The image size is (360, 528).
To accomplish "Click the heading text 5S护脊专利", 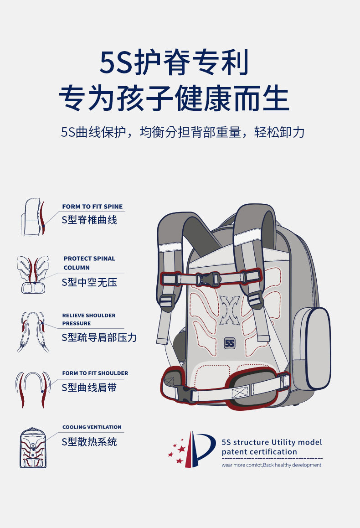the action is pos(175,63).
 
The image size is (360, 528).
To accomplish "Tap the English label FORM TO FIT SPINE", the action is pos(93,207).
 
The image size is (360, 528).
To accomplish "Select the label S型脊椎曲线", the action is pos(89,220).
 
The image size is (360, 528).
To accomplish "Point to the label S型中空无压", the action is pos(89,282).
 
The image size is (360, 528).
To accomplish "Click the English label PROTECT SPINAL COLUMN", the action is pos(89,263).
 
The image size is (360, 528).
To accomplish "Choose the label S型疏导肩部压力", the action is pos(99,337).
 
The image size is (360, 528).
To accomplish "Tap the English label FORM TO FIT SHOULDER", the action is pos(95,373).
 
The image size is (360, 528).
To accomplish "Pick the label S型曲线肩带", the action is pos(89,388).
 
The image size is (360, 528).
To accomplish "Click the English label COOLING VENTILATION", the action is pos(92,427).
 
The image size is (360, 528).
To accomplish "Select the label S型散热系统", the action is pos(89,442).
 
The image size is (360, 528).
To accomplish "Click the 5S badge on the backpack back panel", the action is pos(229,343).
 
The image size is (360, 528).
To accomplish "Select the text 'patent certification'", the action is pos(259,452).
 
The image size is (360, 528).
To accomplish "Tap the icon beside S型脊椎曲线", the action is pos(33,217).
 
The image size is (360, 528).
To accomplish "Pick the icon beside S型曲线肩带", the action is pos(32,388).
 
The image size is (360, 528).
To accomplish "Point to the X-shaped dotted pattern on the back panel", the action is pos(229,310).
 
